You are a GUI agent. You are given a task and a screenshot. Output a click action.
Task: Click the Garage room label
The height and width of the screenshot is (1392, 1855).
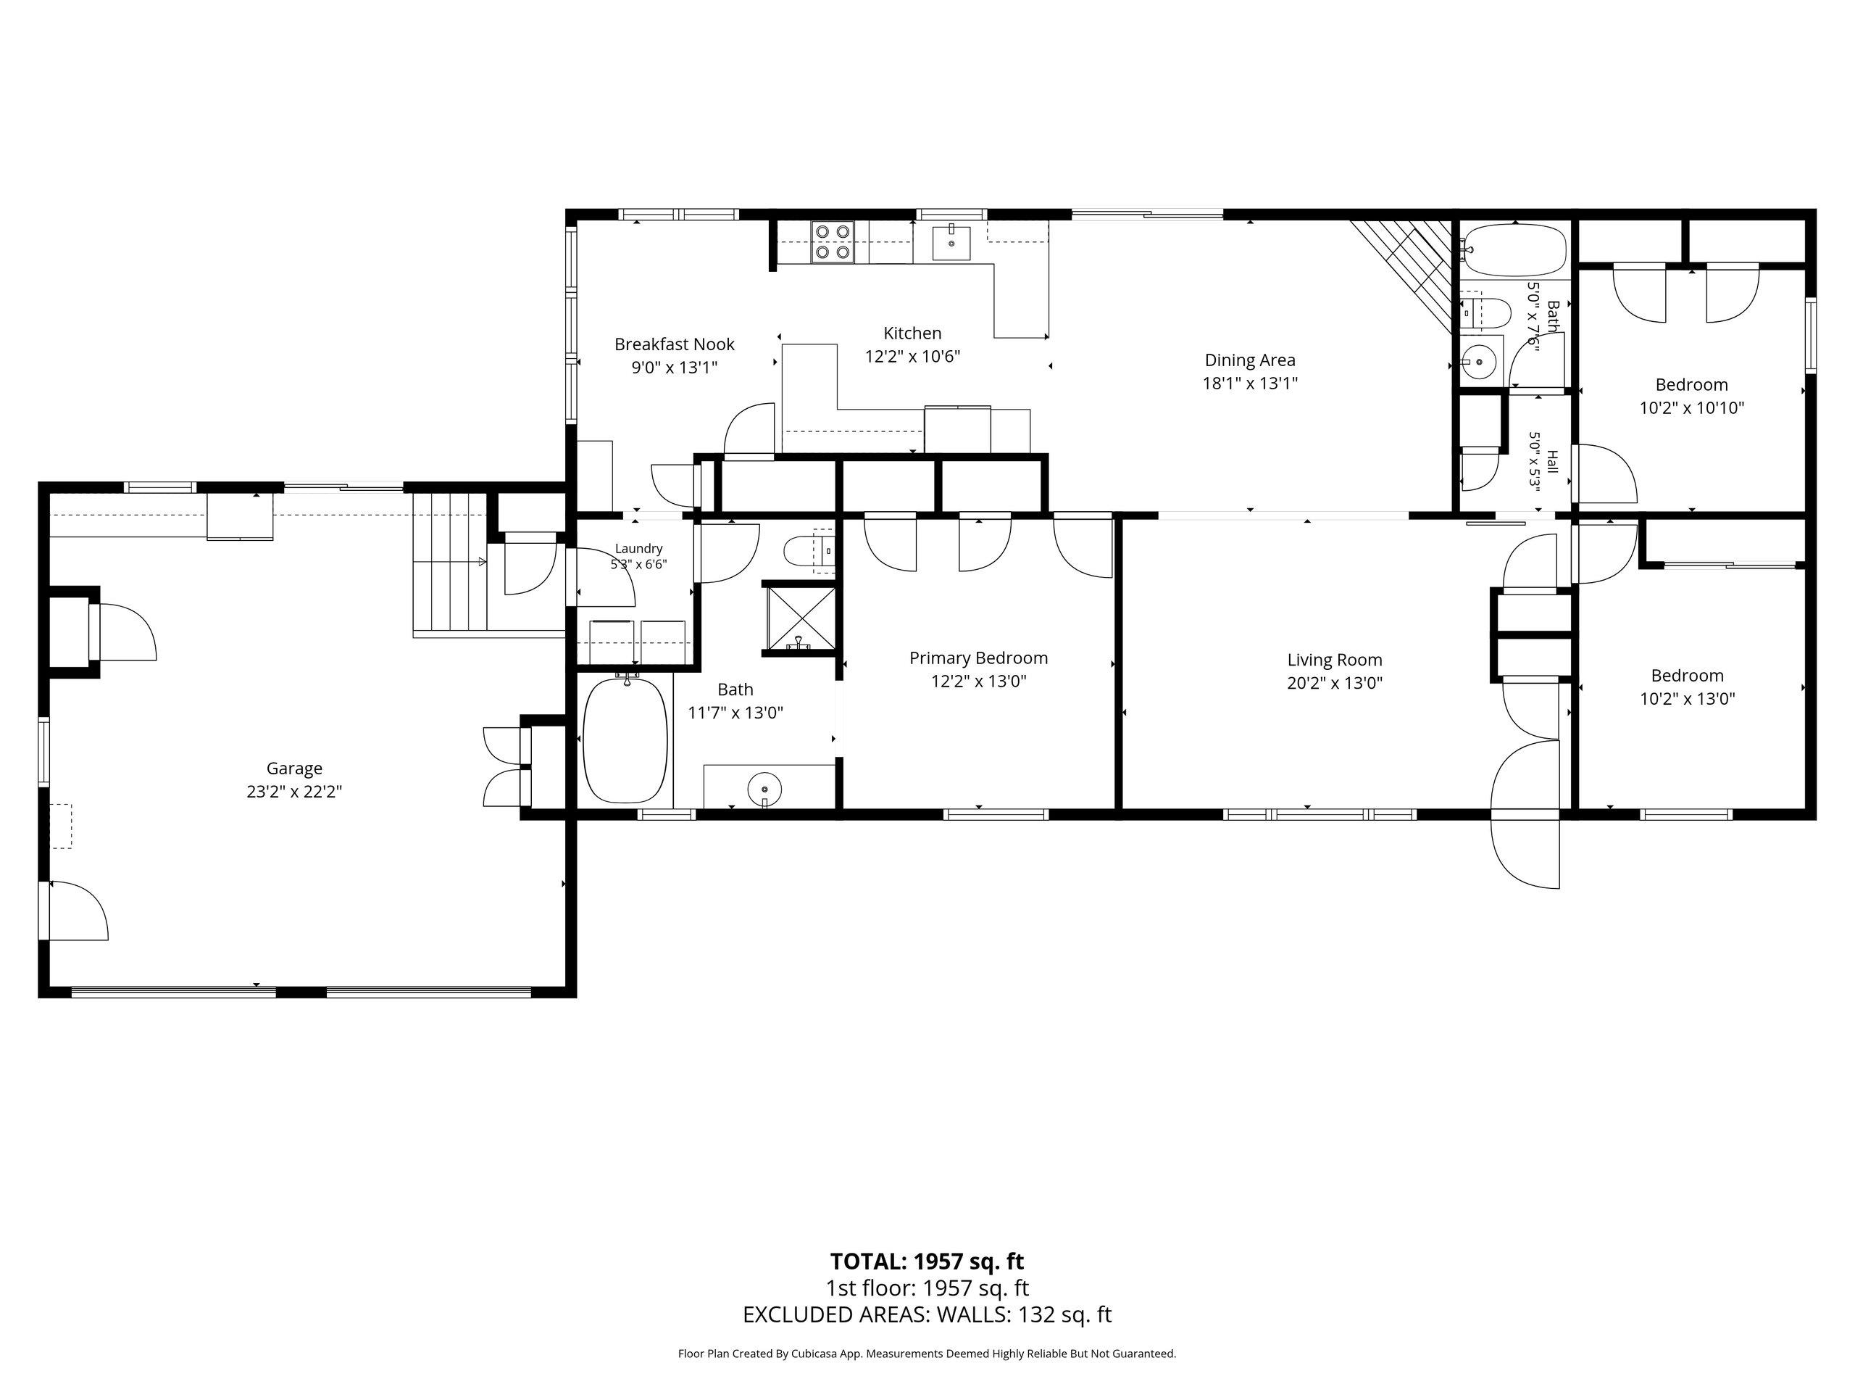tap(294, 768)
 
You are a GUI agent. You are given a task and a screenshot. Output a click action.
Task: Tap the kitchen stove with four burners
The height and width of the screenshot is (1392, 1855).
tap(832, 241)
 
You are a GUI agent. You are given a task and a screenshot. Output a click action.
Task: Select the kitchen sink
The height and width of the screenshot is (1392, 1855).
tap(952, 242)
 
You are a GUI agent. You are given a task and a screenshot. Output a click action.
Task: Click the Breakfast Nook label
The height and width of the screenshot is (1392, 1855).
tap(674, 344)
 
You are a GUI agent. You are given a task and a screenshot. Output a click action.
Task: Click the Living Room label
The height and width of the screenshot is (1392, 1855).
tap(1334, 660)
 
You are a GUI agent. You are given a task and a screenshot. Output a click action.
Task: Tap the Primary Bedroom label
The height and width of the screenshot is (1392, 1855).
tap(979, 658)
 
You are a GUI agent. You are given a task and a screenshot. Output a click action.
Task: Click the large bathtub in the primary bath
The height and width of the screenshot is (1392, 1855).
tap(627, 739)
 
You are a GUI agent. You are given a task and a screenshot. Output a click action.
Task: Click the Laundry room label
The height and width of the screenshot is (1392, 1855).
tap(638, 549)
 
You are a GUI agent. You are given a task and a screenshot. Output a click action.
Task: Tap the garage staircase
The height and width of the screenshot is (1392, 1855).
tap(450, 562)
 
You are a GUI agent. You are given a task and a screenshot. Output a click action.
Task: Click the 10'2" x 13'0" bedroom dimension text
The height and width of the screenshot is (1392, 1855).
tap(1688, 699)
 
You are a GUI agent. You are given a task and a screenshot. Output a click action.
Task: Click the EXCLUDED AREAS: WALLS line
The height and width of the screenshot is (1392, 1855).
tap(927, 1314)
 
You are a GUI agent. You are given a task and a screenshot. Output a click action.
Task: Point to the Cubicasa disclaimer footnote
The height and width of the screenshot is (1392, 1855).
tap(927, 1354)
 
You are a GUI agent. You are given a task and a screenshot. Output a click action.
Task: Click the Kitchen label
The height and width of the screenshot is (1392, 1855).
tap(912, 333)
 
